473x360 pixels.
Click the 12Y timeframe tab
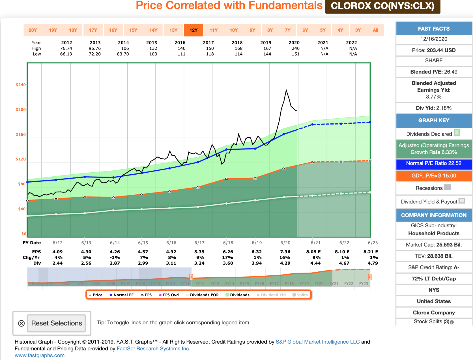coord(193,30)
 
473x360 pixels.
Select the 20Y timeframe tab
coord(33,30)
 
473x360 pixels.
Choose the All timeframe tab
coord(375,30)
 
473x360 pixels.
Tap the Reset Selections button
coord(56,323)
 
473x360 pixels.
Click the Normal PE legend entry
coord(122,295)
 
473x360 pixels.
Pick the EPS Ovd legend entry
coord(169,295)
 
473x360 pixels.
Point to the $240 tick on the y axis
coord(21,85)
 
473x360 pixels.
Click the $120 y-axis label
coord(21,159)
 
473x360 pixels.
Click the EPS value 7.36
coord(285,252)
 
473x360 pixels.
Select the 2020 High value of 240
coord(296,48)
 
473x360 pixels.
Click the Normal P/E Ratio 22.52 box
coord(434,163)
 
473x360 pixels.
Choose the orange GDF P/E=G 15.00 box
coord(434,176)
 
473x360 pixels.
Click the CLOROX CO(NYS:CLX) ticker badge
coord(382,6)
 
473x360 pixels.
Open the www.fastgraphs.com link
coord(40,355)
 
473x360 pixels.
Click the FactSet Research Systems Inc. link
coord(153,349)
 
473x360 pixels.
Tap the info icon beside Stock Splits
coord(452,322)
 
